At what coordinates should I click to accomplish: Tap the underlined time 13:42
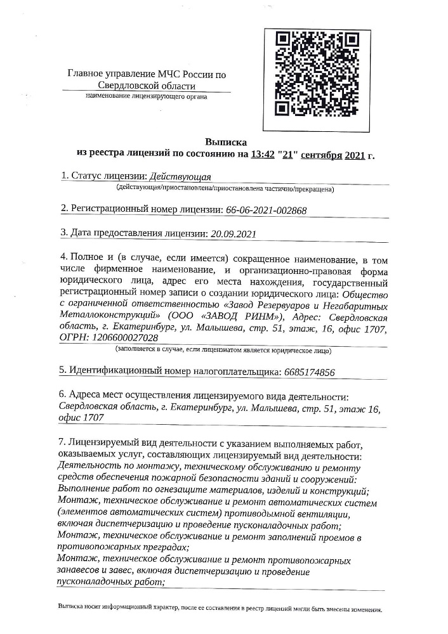[x=263, y=153]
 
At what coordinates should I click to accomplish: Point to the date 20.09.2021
[x=232, y=233]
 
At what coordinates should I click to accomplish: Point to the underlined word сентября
[x=321, y=153]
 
